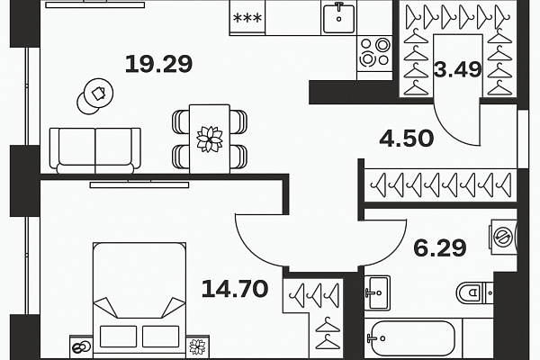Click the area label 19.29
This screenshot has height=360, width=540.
[x=158, y=64]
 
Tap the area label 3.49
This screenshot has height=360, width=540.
[x=458, y=69]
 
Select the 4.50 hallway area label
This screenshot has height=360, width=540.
[x=407, y=138]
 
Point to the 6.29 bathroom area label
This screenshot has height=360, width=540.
[x=440, y=248]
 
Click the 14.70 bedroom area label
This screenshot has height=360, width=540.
[x=235, y=289]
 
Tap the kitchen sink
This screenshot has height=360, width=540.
[x=339, y=17]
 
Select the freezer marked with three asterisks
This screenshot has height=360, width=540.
[x=247, y=17]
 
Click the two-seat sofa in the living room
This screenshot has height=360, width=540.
[x=95, y=150]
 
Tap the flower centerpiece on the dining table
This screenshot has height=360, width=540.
[x=210, y=139]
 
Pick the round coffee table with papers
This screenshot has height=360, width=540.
[x=95, y=97]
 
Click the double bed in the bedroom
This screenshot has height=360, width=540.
[x=139, y=298]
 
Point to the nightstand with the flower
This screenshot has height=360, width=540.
[x=198, y=346]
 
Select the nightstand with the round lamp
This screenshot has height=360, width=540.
[x=81, y=346]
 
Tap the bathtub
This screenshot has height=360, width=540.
[x=412, y=338]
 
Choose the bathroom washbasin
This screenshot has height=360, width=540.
[x=378, y=292]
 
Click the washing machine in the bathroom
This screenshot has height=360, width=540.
[x=503, y=237]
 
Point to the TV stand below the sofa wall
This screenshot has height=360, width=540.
[x=139, y=184]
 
